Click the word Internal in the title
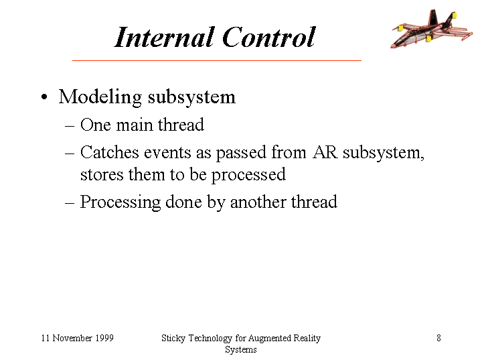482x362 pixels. point(164,37)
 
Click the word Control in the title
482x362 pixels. point(268,37)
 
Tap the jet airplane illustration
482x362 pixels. point(432,29)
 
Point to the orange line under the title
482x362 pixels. point(217,60)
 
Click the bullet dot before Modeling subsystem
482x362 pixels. point(45,97)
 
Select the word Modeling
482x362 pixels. point(100,98)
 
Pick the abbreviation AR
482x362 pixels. point(325,152)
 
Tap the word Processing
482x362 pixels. point(120,202)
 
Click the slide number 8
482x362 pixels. point(438,338)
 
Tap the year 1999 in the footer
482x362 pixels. point(104,338)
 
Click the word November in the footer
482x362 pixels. point(72,338)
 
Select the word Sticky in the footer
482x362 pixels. point(173,339)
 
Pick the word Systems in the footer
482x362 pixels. point(241,350)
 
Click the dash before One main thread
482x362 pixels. point(70,126)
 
